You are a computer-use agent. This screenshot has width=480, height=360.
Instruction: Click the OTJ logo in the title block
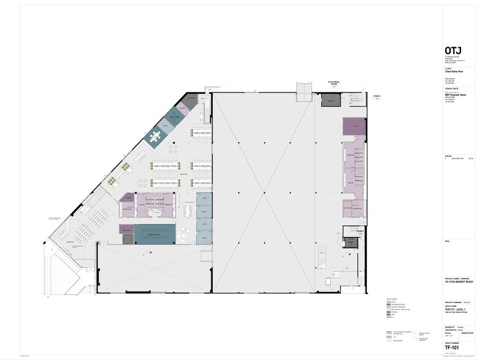coord(453,50)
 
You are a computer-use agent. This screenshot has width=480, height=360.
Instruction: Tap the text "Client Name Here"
coord(456,72)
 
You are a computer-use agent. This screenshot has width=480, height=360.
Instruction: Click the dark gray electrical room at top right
coord(331,100)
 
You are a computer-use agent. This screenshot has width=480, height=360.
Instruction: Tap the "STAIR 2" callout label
coord(377,96)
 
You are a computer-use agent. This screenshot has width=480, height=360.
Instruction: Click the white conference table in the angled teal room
coord(157,136)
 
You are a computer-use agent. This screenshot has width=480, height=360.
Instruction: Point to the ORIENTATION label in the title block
coord(465,332)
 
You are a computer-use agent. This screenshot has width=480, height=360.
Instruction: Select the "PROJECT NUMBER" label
coord(454,302)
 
